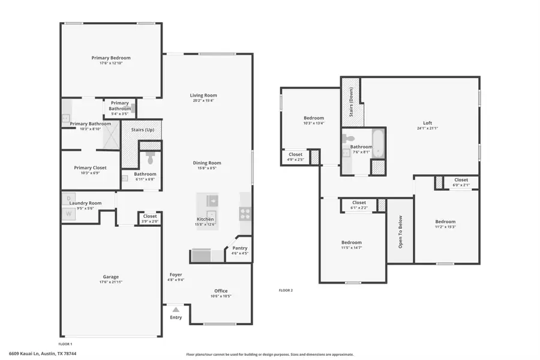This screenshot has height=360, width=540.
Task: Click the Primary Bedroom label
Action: tap(111, 58)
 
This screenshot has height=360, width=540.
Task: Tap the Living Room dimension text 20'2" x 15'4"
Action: tap(203, 101)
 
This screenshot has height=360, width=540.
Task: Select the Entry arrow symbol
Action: tap(175, 310)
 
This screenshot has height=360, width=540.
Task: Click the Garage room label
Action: tap(110, 277)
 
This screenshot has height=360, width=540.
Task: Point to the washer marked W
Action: tap(68, 213)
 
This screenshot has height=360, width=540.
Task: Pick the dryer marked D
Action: tap(68, 197)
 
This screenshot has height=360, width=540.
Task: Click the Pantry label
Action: tap(239, 248)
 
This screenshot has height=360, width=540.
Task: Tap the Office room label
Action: tap(221, 291)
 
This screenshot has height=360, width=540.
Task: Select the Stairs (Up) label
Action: tap(142, 130)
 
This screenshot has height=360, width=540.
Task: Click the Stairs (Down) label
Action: tap(351, 99)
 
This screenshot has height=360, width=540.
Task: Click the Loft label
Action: tap(428, 122)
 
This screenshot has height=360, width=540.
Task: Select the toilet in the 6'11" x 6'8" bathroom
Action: tap(150, 157)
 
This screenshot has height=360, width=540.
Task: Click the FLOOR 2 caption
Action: tap(286, 290)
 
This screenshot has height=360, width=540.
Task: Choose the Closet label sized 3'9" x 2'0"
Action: tap(150, 217)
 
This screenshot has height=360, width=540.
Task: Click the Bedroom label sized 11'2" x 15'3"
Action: tap(445, 221)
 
